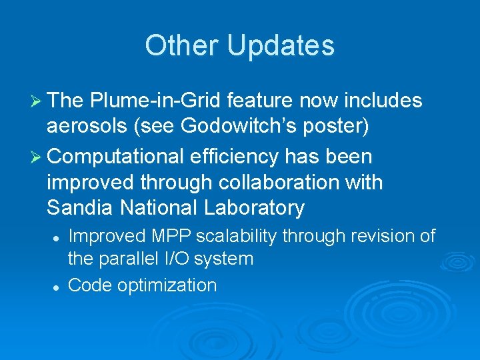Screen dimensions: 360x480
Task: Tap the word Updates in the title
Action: tap(280, 45)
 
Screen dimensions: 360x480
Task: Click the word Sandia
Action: tap(80, 207)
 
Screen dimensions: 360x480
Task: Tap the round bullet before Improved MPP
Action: tap(58, 237)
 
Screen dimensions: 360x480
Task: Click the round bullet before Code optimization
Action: tap(58, 286)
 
